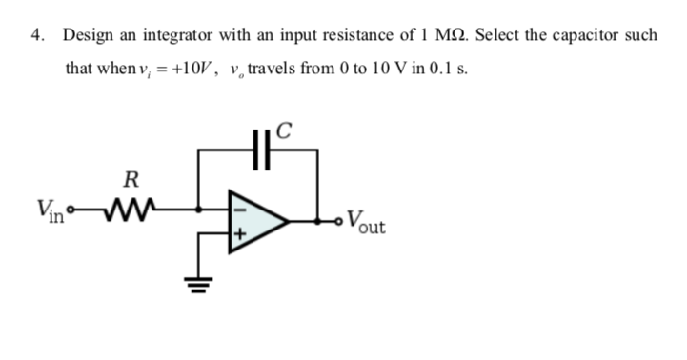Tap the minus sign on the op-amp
tap(240, 202)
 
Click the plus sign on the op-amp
tap(240, 233)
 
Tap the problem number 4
tap(36, 35)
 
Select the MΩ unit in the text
tap(444, 35)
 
